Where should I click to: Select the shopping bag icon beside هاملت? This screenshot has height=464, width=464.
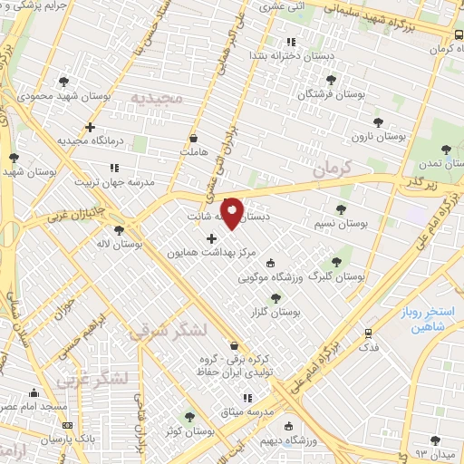[x=193, y=139]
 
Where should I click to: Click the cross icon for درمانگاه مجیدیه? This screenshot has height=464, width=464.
[x=90, y=127]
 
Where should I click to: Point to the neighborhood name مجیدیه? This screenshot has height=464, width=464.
[x=156, y=96]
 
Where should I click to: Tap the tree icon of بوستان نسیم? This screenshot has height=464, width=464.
[x=341, y=209]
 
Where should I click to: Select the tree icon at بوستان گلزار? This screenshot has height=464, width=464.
[x=275, y=297]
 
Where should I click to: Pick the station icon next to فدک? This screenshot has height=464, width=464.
[x=368, y=333]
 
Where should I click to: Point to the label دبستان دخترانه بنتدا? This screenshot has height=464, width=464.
[x=290, y=56]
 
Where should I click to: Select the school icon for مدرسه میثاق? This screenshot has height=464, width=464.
[x=246, y=398]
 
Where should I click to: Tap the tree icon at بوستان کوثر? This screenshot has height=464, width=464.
[x=188, y=418]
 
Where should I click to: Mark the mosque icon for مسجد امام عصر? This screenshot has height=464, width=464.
[x=34, y=393]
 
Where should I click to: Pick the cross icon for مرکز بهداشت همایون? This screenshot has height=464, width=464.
[x=212, y=239]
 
